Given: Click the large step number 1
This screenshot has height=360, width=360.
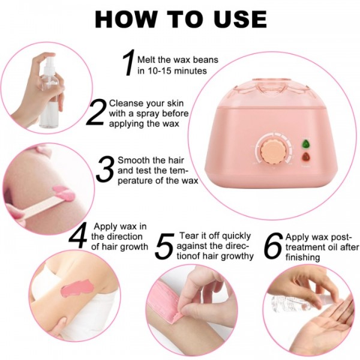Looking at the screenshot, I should point(127,63).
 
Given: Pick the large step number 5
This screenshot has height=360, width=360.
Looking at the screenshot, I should point(164,247).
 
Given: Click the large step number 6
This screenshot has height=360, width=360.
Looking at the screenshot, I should point(273,247).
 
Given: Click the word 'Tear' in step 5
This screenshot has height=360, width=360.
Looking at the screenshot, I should point(190,235).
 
